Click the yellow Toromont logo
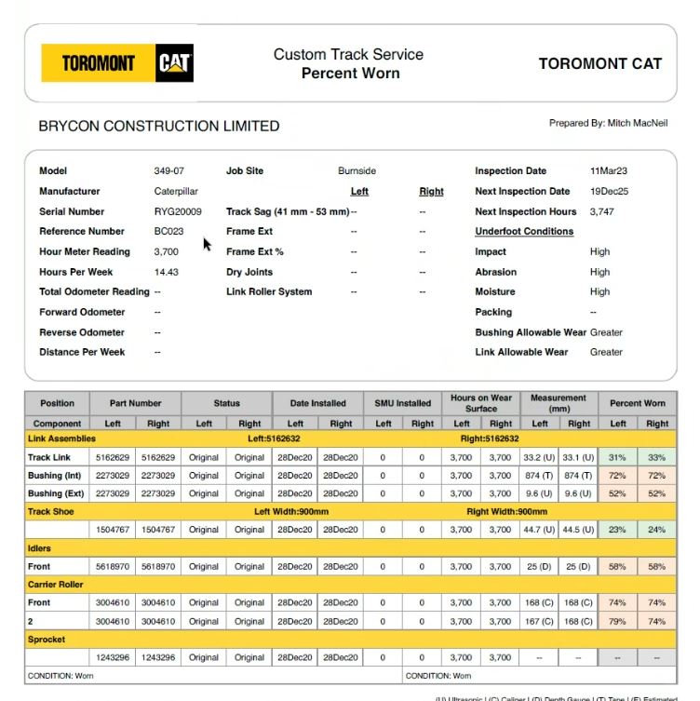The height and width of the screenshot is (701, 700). pos(99,63)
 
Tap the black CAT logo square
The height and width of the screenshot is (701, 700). pos(174,63)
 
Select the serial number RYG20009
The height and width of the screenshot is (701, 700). pos(178,211)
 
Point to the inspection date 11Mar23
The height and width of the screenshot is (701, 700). pos(609,171)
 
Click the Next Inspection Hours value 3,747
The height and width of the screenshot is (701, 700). pos(602,211)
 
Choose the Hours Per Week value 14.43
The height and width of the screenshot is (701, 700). pos(167,272)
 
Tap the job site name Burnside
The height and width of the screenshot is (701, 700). pos(357,171)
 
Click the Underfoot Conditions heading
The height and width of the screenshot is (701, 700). pos(524,231)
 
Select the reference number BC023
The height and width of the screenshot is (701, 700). pos(169,232)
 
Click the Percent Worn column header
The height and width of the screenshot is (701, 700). pos(638,403)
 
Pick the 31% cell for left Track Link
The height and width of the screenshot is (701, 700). pos(617,457)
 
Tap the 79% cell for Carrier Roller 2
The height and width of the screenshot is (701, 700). pos(617,621)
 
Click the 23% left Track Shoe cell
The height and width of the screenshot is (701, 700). pos(617,530)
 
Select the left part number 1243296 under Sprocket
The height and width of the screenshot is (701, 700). pos(114,657)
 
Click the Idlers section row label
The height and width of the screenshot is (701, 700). pos(39,548)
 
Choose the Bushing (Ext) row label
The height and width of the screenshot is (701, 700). pos(56,493)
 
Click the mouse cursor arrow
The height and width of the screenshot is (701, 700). pos(208,245)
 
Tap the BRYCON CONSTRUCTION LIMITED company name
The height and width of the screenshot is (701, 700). pos(158,126)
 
